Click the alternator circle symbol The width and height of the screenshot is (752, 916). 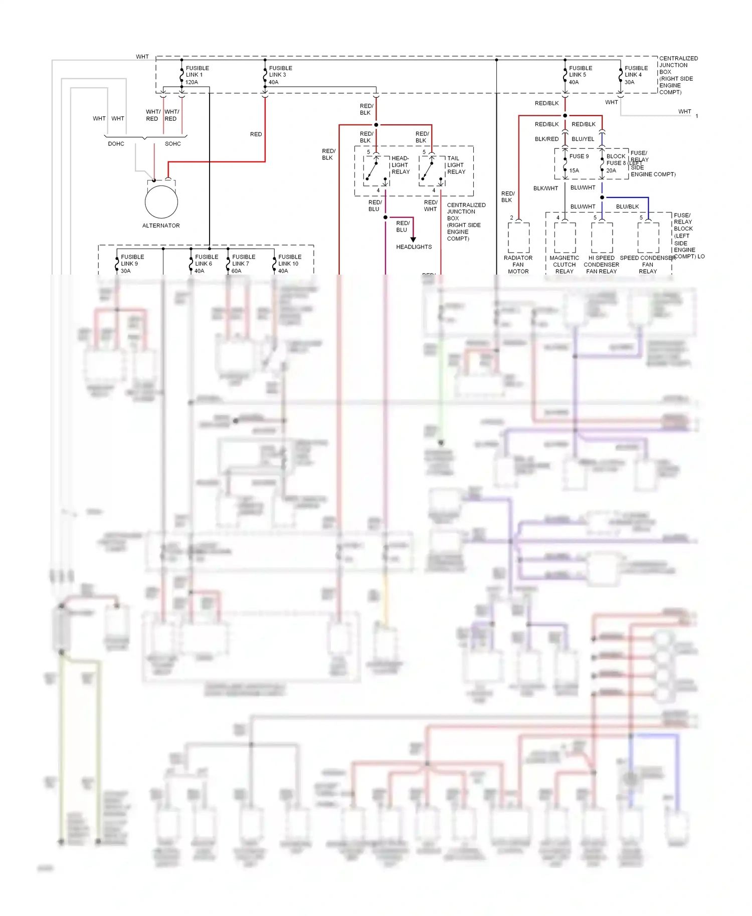[x=161, y=202]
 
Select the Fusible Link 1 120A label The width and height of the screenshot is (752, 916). [x=197, y=75]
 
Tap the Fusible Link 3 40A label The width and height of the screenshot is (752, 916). [x=280, y=75]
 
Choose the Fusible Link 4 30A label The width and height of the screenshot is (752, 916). [x=636, y=75]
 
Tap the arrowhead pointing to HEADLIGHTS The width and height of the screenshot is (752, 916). [x=413, y=240]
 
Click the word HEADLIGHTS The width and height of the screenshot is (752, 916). [x=414, y=247]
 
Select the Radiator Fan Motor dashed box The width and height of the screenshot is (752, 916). [x=518, y=238]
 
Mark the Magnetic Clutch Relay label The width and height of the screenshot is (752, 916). [x=564, y=265]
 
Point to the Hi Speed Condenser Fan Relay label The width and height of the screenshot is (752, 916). [x=601, y=265]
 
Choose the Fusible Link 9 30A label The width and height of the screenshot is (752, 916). [x=132, y=264]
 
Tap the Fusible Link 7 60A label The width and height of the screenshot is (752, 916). [x=243, y=264]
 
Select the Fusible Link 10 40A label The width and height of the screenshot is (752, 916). [x=289, y=264]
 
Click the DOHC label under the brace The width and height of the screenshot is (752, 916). [x=116, y=144]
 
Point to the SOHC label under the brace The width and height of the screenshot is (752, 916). [x=173, y=144]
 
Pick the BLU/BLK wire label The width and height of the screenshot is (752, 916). [x=627, y=206]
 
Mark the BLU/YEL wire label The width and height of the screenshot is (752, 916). [x=583, y=139]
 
